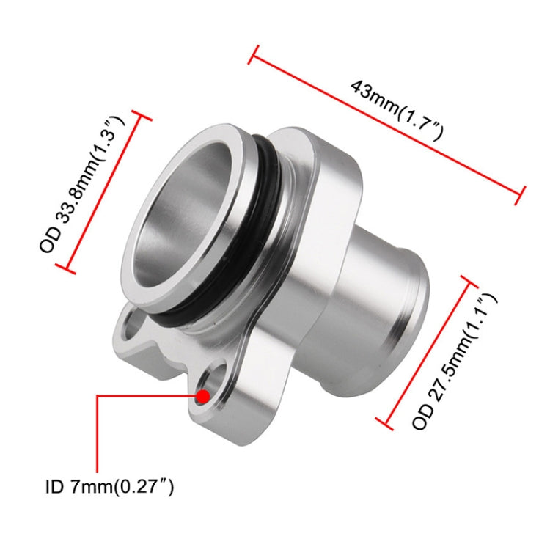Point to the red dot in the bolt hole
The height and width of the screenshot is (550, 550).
(x=202, y=397)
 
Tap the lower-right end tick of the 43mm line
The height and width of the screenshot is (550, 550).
(x=523, y=195)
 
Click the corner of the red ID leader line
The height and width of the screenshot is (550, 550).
(x=98, y=397)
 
